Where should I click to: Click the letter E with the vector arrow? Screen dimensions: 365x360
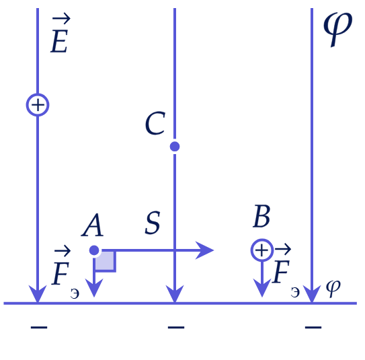click(60, 34)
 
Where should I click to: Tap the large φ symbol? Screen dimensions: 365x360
click(338, 28)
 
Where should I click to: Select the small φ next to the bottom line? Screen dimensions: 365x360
click(333, 288)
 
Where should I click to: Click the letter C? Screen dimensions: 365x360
click(155, 124)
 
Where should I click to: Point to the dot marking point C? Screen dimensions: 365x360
click(175, 147)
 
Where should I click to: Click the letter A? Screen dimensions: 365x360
click(92, 225)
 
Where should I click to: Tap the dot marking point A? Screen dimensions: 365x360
click(94, 250)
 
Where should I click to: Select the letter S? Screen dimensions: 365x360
click(153, 223)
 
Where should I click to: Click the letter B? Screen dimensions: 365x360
click(261, 216)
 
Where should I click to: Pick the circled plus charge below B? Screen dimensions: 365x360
click(262, 250)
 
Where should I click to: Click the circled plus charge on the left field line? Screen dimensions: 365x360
click(38, 105)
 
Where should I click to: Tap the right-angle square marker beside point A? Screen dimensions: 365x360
click(106, 262)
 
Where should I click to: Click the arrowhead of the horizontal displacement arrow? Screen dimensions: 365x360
click(204, 250)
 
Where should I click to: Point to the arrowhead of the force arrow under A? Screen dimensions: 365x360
click(94, 288)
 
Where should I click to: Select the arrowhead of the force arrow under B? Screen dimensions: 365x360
click(262, 288)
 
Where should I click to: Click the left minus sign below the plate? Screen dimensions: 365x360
click(39, 328)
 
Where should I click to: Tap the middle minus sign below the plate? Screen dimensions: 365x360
click(176, 328)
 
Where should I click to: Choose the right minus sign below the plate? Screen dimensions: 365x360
click(313, 328)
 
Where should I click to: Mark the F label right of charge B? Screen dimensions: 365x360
click(286, 271)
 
